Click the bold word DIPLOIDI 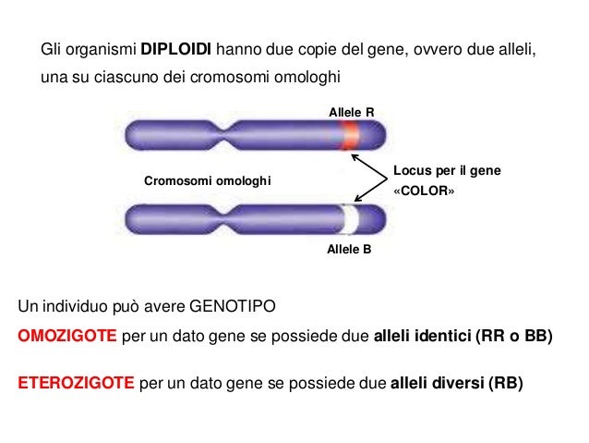coord(175,49)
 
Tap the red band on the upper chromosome coord(349,135)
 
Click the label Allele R coord(351,112)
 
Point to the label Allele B coord(349,249)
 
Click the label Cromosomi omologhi coord(208,180)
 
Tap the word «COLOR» coord(424,191)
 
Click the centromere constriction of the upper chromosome coord(224,135)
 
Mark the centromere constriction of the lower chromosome coord(224,219)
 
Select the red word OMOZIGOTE coord(67,336)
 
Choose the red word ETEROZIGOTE coord(76,383)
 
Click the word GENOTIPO coord(233,306)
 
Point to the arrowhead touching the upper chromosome coord(355,157)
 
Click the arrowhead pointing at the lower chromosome coord(358,198)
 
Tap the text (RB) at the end coord(506,383)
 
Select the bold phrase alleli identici coord(422,336)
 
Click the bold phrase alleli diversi coord(438,383)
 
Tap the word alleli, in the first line coord(517,50)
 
